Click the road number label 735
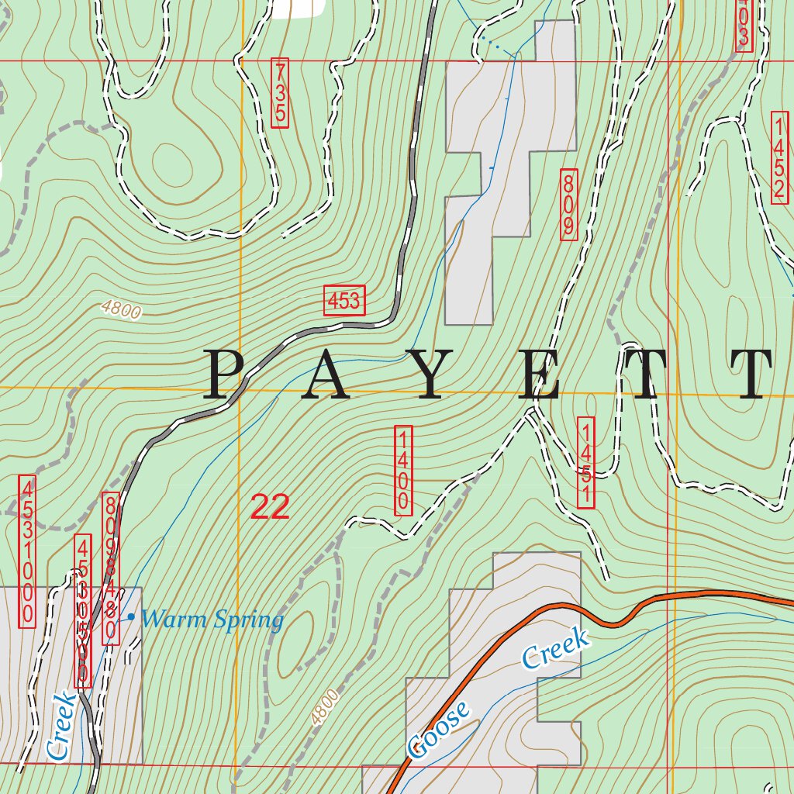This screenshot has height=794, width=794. pyautogui.click(x=280, y=93)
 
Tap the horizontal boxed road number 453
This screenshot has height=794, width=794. pyautogui.click(x=344, y=301)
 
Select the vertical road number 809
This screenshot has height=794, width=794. pyautogui.click(x=568, y=205)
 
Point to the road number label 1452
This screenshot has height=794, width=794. pyautogui.click(x=780, y=158)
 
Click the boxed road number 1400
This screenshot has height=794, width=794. pyautogui.click(x=403, y=470)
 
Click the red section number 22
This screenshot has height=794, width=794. pyautogui.click(x=270, y=508)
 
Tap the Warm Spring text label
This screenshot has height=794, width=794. pyautogui.click(x=213, y=620)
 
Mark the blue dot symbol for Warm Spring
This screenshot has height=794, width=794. pyautogui.click(x=131, y=617)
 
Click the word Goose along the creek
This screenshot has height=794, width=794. pyautogui.click(x=439, y=729)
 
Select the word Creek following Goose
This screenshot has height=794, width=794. pyautogui.click(x=555, y=648)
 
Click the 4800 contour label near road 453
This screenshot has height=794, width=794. pyautogui.click(x=121, y=310)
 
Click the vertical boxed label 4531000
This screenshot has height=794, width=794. pyautogui.click(x=26, y=551)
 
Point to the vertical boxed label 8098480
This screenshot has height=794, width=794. pyautogui.click(x=110, y=568)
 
